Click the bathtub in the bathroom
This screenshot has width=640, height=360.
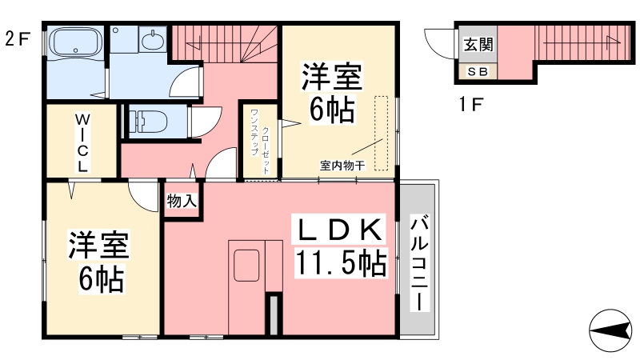pyautogui.click(x=75, y=42)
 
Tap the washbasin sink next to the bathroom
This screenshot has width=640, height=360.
pyautogui.click(x=153, y=39)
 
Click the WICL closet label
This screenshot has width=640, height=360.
pyautogui.click(x=82, y=142)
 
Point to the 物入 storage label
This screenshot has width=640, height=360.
pyautogui.click(x=182, y=201)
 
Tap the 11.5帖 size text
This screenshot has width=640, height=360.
pyautogui.click(x=341, y=263)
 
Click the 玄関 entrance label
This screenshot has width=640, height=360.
pyautogui.click(x=478, y=45)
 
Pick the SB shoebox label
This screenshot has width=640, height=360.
pyautogui.click(x=478, y=72)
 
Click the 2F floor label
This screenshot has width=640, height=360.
pyautogui.click(x=17, y=38)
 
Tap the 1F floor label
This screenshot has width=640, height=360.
pyautogui.click(x=470, y=105)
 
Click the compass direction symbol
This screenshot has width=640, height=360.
pyautogui.click(x=610, y=330)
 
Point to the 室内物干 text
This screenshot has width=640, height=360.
pyautogui.click(x=342, y=166)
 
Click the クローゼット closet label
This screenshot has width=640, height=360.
pyautogui.click(x=266, y=150)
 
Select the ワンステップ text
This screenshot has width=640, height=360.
pyautogui.click(x=254, y=132)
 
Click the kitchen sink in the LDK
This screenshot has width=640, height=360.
pyautogui.click(x=246, y=266)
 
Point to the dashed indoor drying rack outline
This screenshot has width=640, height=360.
pyautogui.click(x=382, y=133)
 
